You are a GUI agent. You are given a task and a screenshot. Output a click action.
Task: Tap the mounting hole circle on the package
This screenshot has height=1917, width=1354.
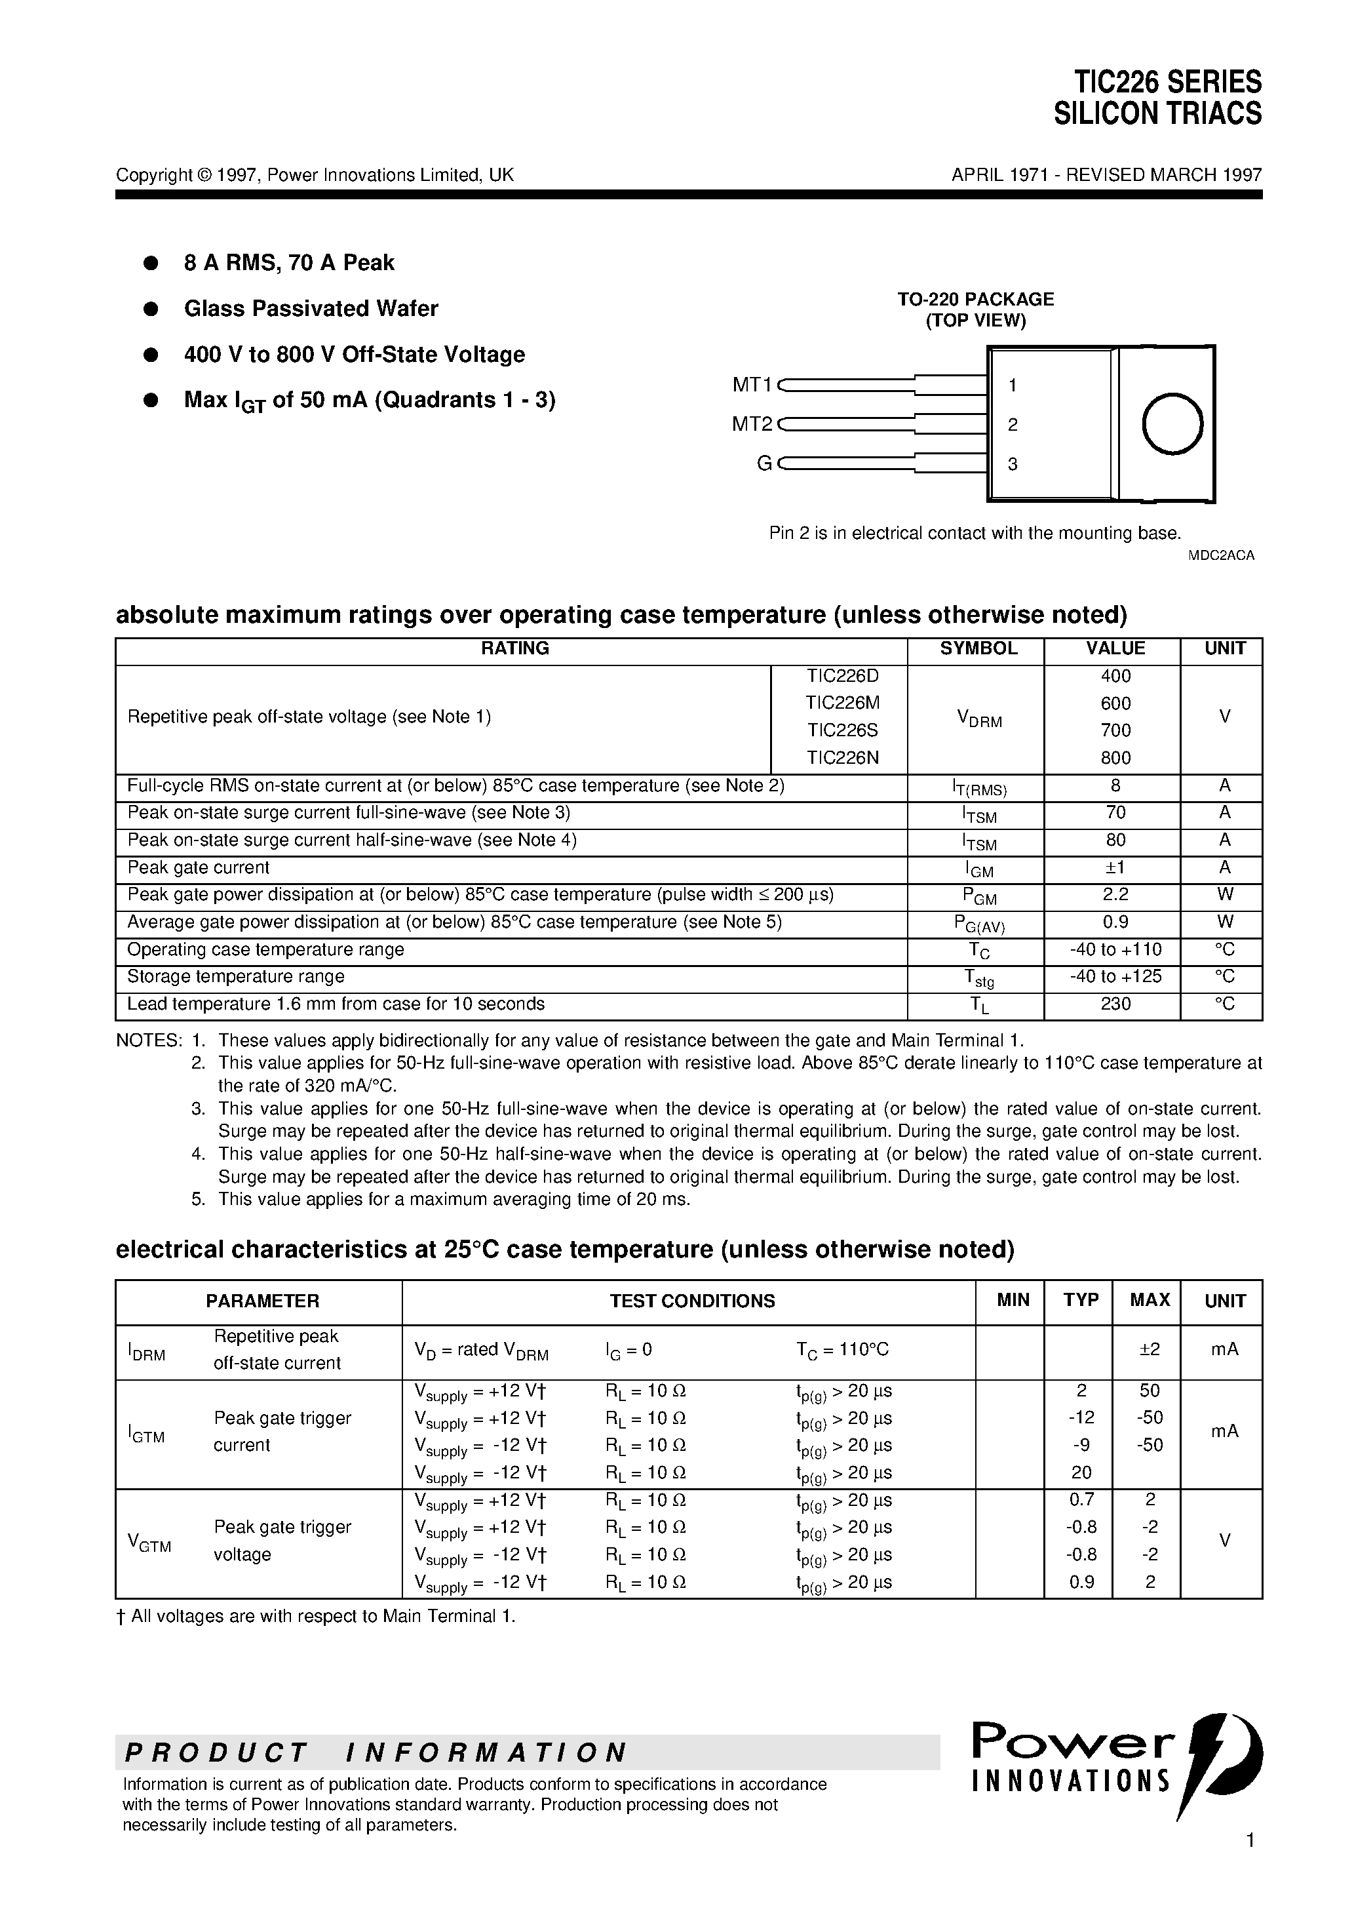pyautogui.click(x=1172, y=424)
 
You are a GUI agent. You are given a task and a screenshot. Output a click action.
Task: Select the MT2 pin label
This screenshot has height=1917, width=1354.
pyautogui.click(x=752, y=424)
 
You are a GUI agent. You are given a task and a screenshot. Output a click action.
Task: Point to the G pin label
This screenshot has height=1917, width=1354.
pyautogui.click(x=763, y=464)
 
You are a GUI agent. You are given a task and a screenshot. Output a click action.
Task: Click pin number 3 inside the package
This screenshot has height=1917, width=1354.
pyautogui.click(x=1013, y=464)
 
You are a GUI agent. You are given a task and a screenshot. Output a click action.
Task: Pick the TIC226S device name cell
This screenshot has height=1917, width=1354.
pyautogui.click(x=842, y=730)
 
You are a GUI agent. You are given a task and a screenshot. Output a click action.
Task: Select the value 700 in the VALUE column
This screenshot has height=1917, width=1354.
pyautogui.click(x=1115, y=730)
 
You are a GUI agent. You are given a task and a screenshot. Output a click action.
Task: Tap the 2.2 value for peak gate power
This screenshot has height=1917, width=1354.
pyautogui.click(x=1115, y=894)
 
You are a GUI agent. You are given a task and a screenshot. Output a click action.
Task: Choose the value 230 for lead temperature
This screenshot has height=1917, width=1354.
pyautogui.click(x=1115, y=1004)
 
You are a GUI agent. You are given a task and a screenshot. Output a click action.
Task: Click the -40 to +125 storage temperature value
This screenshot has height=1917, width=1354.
pyautogui.click(x=1115, y=976)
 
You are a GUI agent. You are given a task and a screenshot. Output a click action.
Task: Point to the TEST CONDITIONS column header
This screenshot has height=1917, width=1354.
pyautogui.click(x=692, y=1301)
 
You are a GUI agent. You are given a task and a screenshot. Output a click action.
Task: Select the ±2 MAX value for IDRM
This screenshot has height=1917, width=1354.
pyautogui.click(x=1150, y=1349)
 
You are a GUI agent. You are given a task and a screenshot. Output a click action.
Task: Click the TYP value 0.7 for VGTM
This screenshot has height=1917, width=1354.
pyautogui.click(x=1081, y=1499)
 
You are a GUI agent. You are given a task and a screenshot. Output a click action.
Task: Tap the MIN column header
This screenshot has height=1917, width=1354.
pyautogui.click(x=1013, y=1300)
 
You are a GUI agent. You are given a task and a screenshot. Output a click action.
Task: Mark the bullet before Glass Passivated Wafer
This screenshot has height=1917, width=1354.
pyautogui.click(x=151, y=309)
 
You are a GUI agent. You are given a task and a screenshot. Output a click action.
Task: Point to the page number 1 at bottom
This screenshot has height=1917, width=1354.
pyautogui.click(x=1250, y=1863)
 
